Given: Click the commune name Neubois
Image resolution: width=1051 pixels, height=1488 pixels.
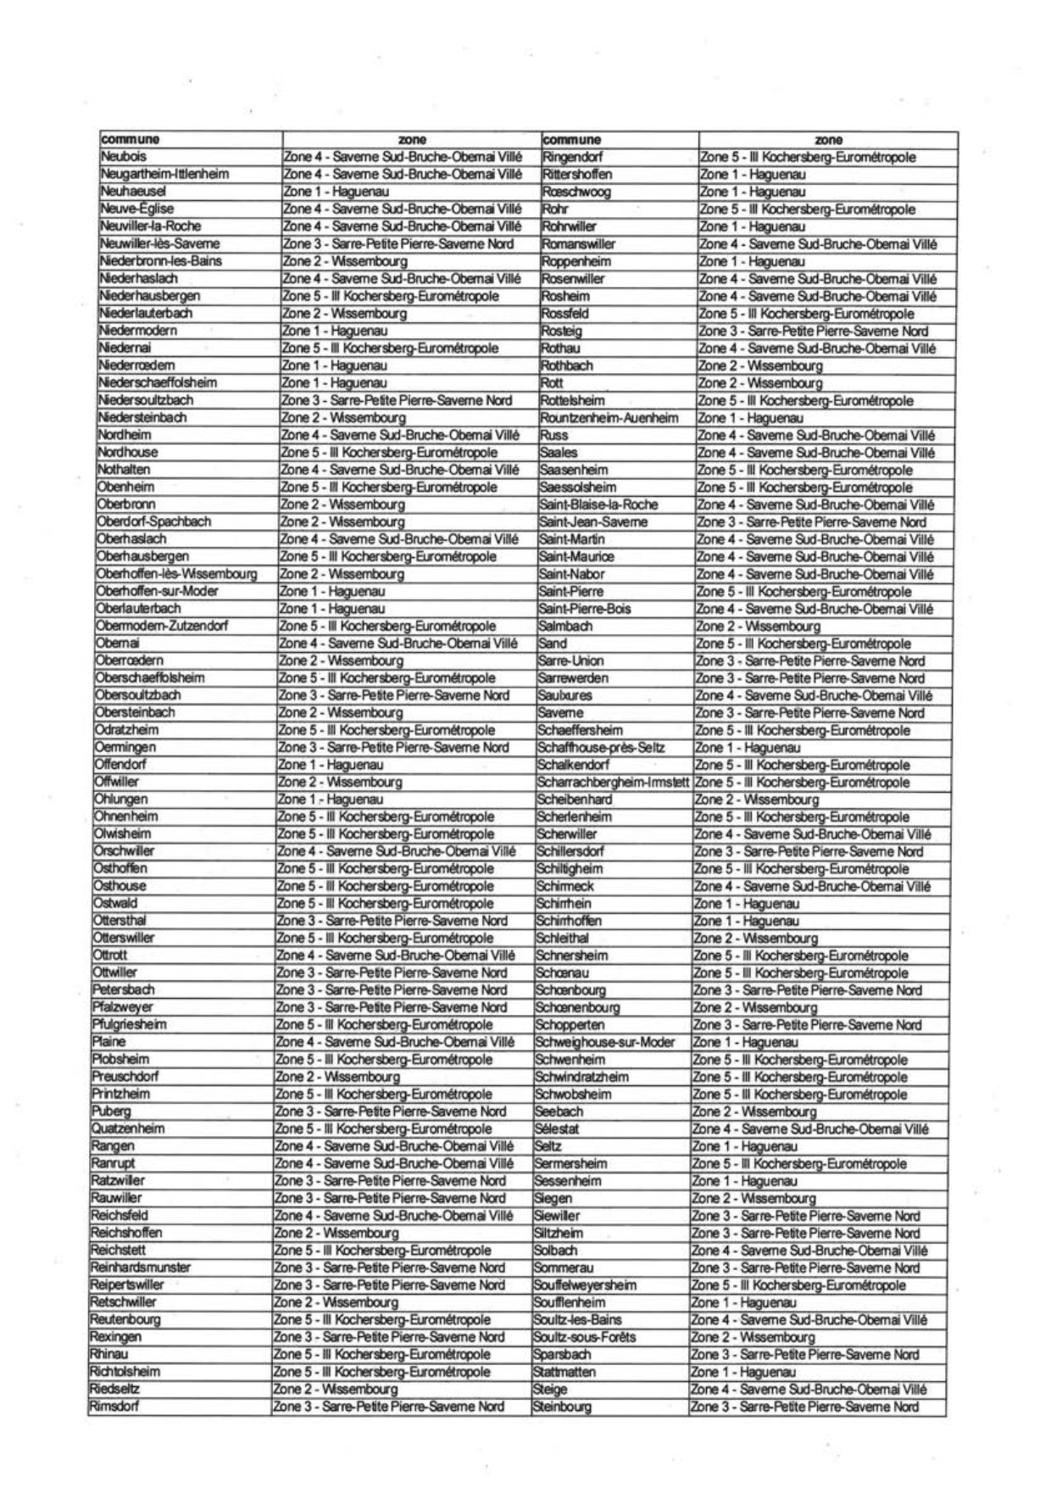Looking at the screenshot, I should click(124, 157).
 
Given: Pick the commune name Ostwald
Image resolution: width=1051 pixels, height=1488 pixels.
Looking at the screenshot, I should click(115, 904).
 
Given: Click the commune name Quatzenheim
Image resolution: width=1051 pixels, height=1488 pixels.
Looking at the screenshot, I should click(128, 1129).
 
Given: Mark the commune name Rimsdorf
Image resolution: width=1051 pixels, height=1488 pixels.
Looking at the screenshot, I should click(114, 1407).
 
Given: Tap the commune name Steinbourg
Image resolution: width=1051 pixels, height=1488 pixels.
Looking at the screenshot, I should click(562, 1407).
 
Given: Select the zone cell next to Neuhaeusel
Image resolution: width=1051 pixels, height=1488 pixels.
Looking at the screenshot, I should click(334, 192).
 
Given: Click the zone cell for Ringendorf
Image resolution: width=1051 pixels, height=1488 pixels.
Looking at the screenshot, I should click(808, 157).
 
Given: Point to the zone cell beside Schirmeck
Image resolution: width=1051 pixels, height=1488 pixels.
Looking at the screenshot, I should click(811, 887).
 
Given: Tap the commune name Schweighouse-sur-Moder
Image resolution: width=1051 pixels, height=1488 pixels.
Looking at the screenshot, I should click(604, 1043).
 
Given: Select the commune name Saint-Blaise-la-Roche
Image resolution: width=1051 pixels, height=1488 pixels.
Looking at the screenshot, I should click(598, 504).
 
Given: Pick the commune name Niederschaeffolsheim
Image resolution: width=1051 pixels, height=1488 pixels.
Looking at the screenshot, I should click(158, 383).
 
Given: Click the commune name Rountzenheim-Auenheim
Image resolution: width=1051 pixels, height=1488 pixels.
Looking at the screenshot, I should click(609, 418).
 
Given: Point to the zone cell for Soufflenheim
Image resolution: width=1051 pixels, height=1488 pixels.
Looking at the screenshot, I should click(743, 1303).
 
